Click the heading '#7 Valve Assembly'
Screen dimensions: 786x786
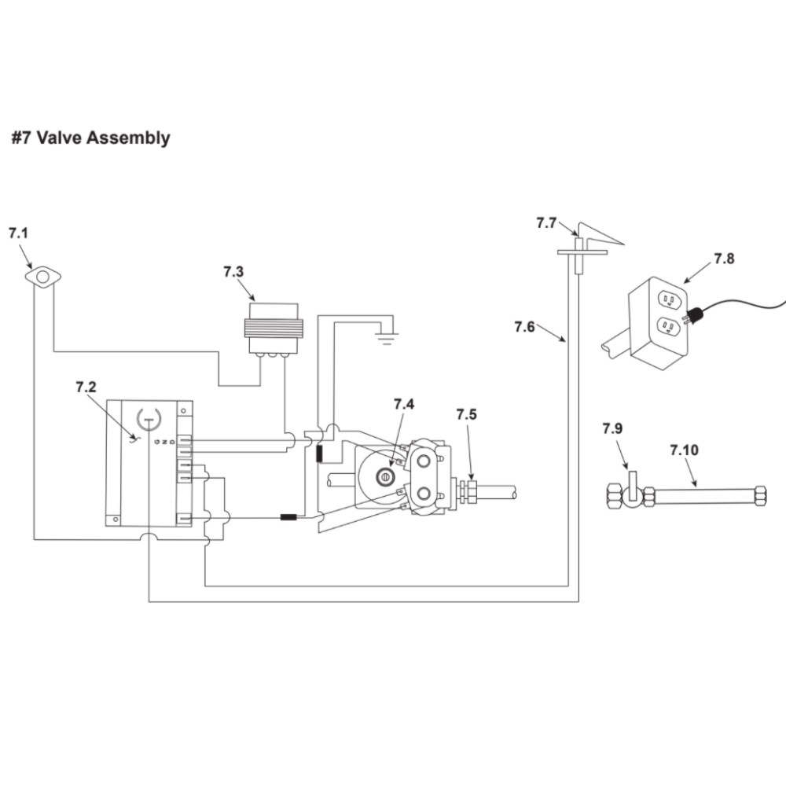coord(90,138)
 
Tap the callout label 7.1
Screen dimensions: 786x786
coord(18,233)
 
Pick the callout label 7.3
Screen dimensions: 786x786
coord(233,272)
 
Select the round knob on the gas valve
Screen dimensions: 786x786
coord(385,477)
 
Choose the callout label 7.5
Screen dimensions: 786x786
coord(466,414)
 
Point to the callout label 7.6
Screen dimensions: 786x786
coord(524,326)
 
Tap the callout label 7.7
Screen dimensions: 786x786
coord(546,223)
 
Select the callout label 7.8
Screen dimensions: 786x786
coord(724,259)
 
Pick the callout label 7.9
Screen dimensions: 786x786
coord(612,429)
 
